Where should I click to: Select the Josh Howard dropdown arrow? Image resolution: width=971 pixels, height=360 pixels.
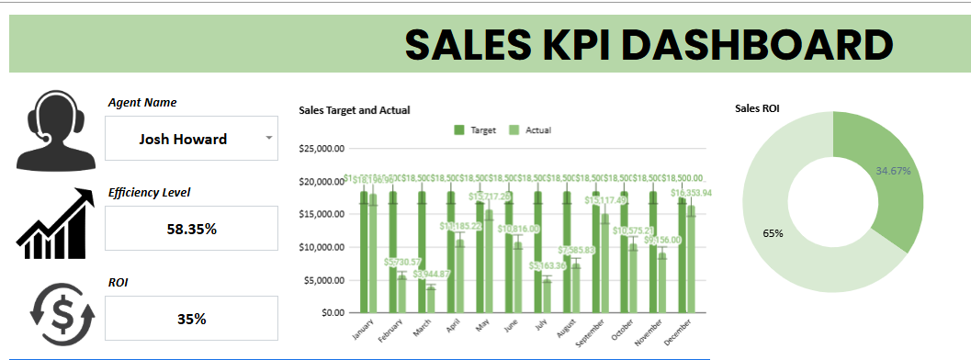tap(268, 138)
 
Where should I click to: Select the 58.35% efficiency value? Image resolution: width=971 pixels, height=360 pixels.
tap(191, 229)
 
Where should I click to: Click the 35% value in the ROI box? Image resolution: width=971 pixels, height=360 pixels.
tap(191, 319)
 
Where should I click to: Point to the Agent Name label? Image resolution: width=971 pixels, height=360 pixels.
tap(142, 103)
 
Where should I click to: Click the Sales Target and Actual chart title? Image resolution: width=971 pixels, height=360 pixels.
tap(354, 110)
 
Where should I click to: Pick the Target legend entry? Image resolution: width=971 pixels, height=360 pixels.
tap(475, 130)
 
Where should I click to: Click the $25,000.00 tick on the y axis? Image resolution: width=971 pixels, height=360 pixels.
tap(322, 148)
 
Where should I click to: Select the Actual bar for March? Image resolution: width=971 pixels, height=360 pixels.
tap(431, 299)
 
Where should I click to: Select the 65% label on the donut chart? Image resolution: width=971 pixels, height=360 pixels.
tap(773, 233)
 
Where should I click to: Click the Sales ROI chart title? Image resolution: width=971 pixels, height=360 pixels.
tap(758, 108)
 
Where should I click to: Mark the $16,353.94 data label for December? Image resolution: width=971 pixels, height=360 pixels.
tap(691, 194)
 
